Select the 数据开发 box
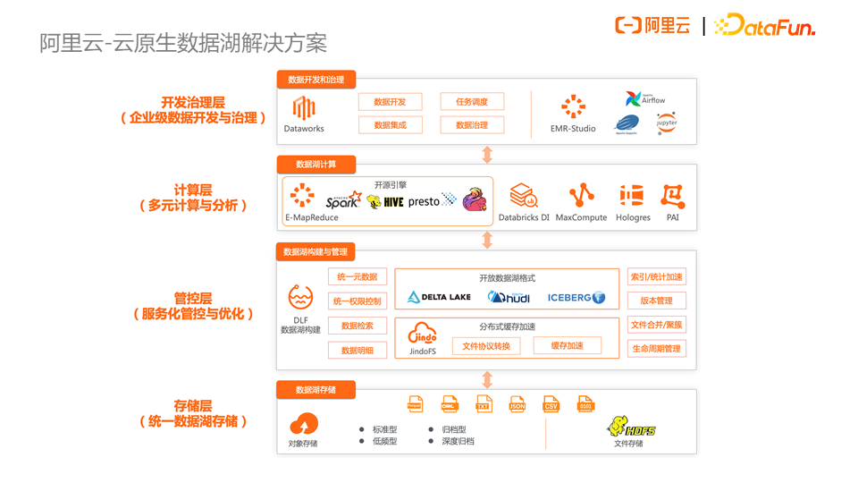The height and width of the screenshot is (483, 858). coord(390,102)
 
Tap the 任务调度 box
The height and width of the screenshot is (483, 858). coord(472,102)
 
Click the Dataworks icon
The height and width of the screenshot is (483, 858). coord(304,108)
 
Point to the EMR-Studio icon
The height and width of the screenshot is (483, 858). coord(573,107)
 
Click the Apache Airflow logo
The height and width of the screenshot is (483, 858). coord(644,99)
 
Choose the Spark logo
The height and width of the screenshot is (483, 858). coord(343,200)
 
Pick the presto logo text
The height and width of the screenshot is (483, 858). coord(424,201)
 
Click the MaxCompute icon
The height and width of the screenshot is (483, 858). coord(581,196)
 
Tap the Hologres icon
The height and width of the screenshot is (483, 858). coord(632,196)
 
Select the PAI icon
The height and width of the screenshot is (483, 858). coord(673,196)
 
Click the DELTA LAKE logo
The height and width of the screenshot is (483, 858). coord(439,297)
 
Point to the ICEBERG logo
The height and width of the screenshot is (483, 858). coord(576,297)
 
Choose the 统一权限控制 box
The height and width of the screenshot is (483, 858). coord(357,301)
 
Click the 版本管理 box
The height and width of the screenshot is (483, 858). coord(657,301)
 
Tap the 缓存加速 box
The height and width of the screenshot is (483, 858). coord(568,346)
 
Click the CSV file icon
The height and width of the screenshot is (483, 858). coord(551,404)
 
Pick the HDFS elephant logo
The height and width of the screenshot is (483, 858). coord(630,427)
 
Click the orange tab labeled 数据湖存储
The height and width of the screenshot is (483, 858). coord(316,390)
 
